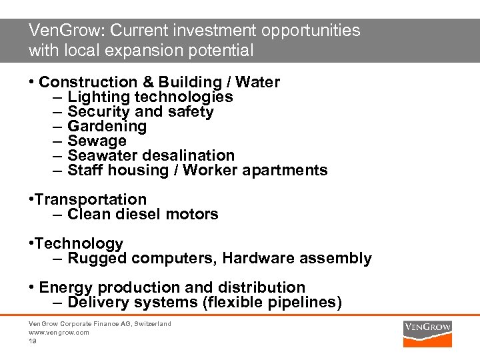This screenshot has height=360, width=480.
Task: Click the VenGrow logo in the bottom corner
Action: (x=427, y=332)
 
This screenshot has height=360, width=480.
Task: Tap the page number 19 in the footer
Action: (x=32, y=341)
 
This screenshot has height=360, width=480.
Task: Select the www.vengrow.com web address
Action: (x=59, y=332)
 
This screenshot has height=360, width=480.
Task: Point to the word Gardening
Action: (x=107, y=126)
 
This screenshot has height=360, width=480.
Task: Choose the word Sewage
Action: (x=97, y=141)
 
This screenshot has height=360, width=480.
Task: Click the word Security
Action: (x=99, y=111)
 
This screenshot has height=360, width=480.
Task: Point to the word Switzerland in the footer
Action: (x=151, y=324)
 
